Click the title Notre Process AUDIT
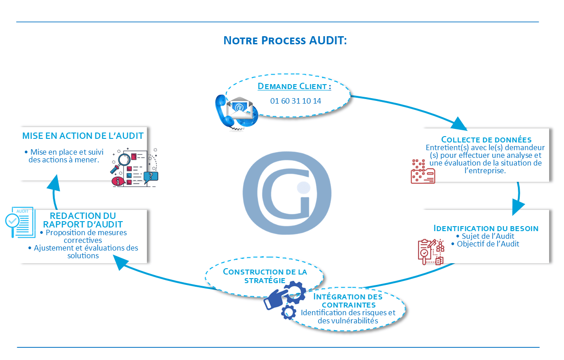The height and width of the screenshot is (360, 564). pos(285,40)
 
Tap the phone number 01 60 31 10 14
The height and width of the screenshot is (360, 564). pos(296,101)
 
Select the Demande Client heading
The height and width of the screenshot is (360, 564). pos(294,86)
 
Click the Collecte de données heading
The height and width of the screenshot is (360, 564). pos(486,139)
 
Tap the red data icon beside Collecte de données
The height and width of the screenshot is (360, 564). pos(423,171)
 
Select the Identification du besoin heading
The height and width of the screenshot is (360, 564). pos(486,228)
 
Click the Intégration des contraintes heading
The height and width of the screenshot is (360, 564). pos(348,301)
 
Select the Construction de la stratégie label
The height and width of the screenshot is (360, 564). pos(265,275)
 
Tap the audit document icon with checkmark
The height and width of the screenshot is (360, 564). pos(20,222)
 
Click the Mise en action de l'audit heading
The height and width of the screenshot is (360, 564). pos(83,136)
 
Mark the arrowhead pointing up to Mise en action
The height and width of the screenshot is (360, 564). pos(54,184)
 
